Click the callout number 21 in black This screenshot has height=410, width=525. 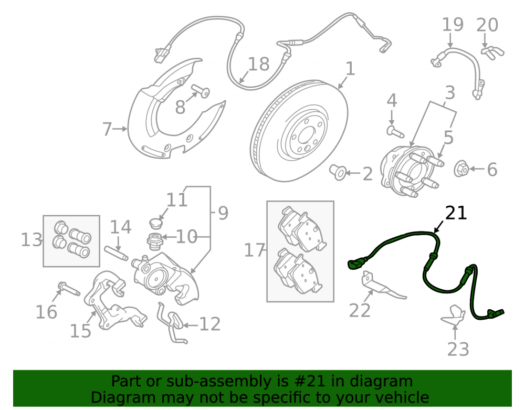pyautogui.click(x=456, y=213)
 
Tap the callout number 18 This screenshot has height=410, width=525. pyautogui.click(x=259, y=64)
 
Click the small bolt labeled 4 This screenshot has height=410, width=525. pyautogui.click(x=395, y=131)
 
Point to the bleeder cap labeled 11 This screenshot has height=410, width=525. pyautogui.click(x=156, y=223)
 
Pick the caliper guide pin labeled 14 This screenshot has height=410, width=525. pyautogui.click(x=116, y=254)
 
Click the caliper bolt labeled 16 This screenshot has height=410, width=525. pyautogui.click(x=69, y=289)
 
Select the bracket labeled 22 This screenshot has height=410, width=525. pyautogui.click(x=382, y=285)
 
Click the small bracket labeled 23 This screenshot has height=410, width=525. pyautogui.click(x=454, y=316)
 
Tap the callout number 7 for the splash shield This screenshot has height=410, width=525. pyautogui.click(x=107, y=129)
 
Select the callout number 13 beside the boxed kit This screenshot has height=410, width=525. pyautogui.click(x=31, y=239)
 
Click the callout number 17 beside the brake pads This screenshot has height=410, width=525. pyautogui.click(x=255, y=250)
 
